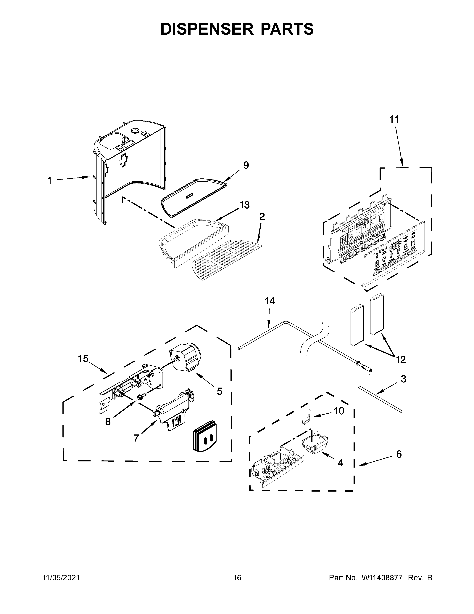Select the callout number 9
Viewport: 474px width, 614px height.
(x=246, y=165)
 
